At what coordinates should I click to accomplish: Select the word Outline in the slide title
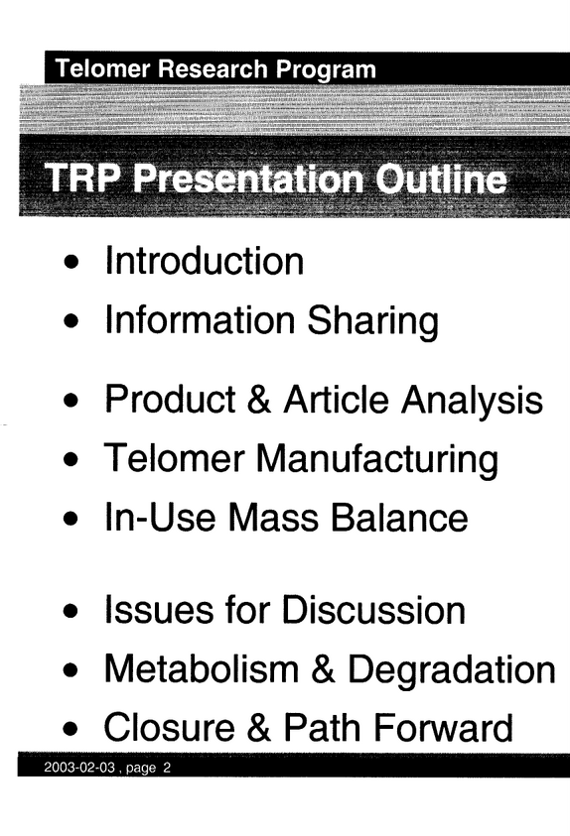441,179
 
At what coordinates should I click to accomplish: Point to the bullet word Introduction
205,261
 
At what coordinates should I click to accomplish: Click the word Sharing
373,321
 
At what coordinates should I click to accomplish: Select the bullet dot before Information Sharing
71,321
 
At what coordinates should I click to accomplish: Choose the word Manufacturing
377,459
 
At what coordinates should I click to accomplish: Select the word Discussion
373,610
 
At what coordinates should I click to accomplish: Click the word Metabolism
202,668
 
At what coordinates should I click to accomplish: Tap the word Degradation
452,669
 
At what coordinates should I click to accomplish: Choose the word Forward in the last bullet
441,727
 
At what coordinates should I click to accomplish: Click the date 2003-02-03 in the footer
79,768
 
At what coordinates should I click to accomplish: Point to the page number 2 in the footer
167,768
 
